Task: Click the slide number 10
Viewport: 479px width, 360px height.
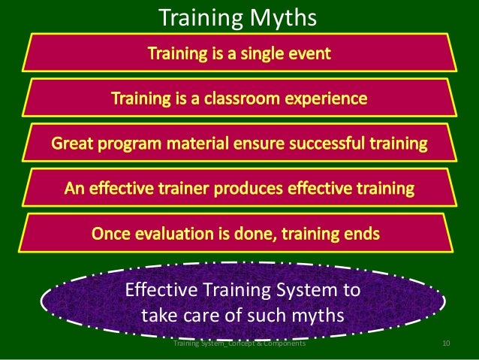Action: coord(446,343)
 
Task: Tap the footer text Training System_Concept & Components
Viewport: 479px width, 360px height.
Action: coord(239,343)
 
